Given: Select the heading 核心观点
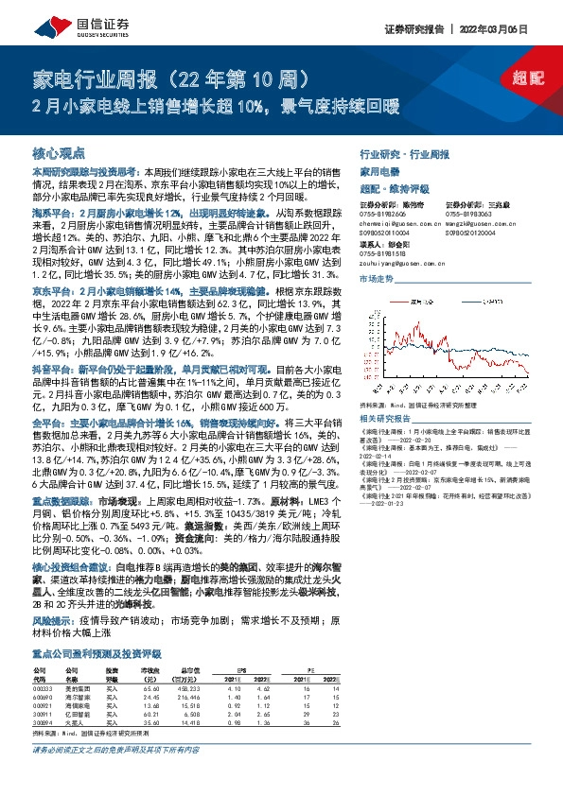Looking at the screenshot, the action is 59,152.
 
